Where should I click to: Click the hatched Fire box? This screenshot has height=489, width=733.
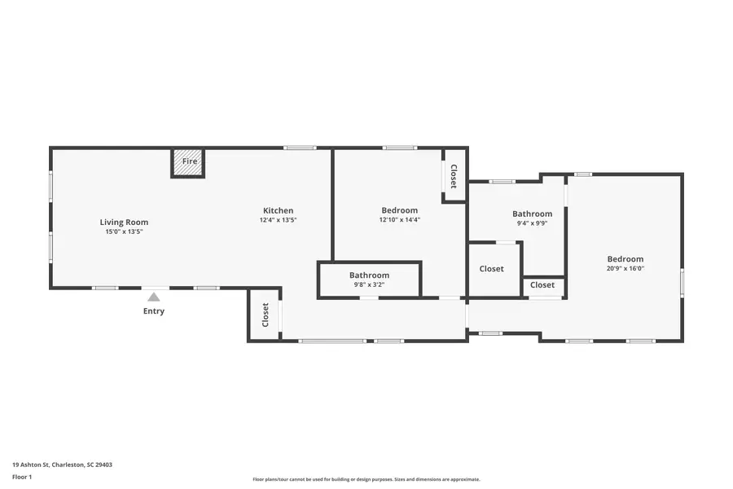(188, 162)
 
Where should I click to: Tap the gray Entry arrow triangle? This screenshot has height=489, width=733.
(154, 297)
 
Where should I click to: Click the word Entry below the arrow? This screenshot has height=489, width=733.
(154, 311)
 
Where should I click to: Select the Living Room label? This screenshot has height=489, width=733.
(124, 222)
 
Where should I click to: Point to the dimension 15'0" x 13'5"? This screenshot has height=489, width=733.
(124, 232)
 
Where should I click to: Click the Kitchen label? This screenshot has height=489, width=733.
(278, 210)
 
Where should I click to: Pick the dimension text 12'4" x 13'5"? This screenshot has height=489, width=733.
(278, 220)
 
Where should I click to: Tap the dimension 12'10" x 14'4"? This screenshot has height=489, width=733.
(399, 220)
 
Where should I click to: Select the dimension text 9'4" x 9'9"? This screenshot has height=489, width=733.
(532, 223)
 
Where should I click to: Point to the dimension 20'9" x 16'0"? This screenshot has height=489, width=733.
(625, 269)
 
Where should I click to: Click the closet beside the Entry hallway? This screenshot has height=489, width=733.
(265, 315)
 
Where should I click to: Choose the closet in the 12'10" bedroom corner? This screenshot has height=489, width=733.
(454, 176)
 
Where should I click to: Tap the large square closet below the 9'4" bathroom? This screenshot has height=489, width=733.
(492, 269)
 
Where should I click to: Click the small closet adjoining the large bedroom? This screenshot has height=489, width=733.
(542, 285)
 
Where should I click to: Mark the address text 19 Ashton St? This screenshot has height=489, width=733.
(62, 465)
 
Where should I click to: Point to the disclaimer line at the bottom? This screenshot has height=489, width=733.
(366, 479)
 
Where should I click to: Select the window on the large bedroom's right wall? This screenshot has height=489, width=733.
(682, 282)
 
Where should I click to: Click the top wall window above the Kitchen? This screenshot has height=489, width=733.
(300, 148)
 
